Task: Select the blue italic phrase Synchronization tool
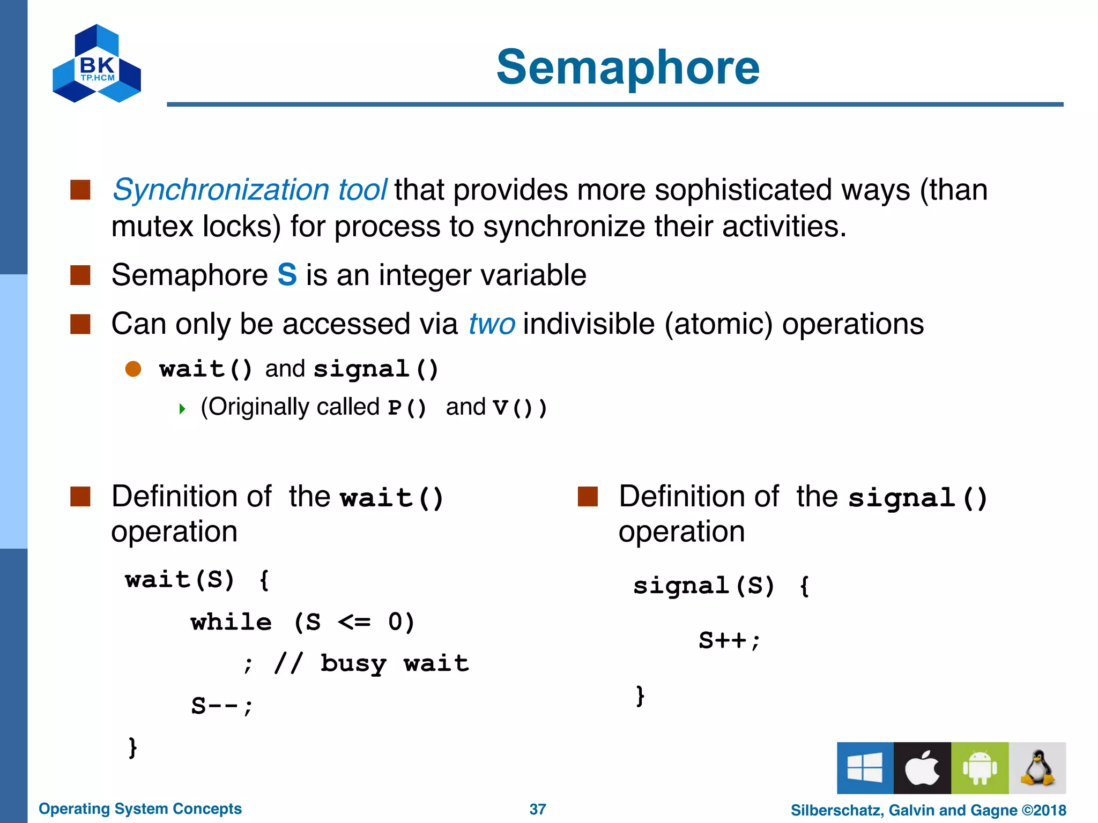click(x=249, y=190)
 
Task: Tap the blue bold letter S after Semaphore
click(x=287, y=275)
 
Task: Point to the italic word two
click(x=492, y=324)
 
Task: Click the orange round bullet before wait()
click(x=133, y=369)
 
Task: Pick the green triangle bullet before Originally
click(x=182, y=409)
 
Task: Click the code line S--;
click(x=221, y=706)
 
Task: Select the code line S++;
click(x=729, y=640)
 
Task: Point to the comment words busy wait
click(x=395, y=664)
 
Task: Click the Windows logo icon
click(x=865, y=768)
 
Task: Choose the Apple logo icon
click(x=922, y=768)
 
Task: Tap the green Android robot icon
click(x=980, y=768)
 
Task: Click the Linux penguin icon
click(x=1037, y=768)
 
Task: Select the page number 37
click(x=538, y=809)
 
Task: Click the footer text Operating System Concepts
click(x=140, y=809)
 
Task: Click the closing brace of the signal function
click(x=640, y=695)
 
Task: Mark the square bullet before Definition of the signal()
click(x=588, y=497)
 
